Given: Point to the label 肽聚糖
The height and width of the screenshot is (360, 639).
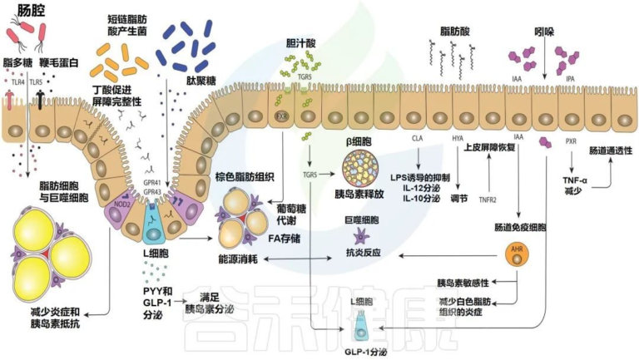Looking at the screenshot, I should pyautogui.click(x=190, y=82).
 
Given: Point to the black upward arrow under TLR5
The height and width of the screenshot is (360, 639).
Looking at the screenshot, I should pyautogui.click(x=40, y=102).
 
